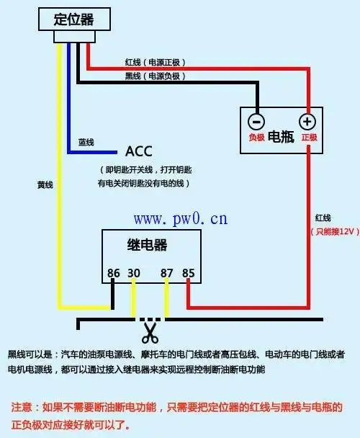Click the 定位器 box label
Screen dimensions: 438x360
[x=75, y=19]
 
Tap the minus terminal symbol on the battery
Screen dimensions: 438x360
[x=257, y=122]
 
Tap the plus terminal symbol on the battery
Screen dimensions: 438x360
[x=307, y=122]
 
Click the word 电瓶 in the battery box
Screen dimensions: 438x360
[x=282, y=137]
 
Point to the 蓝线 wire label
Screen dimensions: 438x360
[x=86, y=143]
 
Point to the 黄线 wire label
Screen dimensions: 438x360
[x=45, y=185]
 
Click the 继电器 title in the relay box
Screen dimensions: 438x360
[x=148, y=245]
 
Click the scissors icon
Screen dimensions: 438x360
[x=150, y=332]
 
